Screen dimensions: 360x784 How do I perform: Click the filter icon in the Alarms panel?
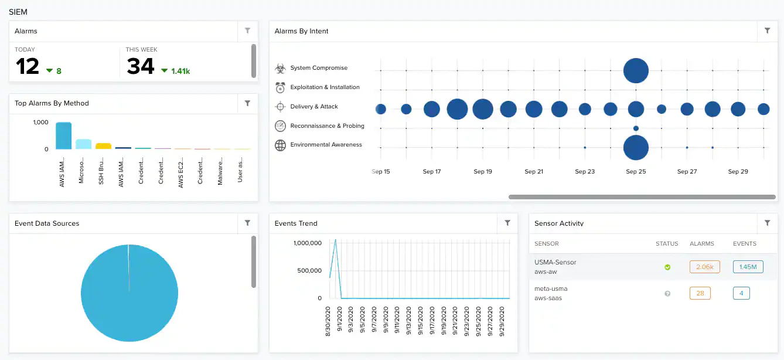pos(247,31)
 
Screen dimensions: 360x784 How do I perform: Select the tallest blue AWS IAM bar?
pos(63,136)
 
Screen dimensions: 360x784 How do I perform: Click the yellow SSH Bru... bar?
pos(103,146)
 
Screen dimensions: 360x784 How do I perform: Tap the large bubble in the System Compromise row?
pos(636,70)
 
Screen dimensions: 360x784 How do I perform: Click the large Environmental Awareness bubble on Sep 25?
pos(636,148)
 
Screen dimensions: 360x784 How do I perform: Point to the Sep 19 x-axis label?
pos(483,172)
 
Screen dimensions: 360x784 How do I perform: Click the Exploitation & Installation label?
pos(325,87)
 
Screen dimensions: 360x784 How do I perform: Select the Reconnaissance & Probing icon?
pos(280,126)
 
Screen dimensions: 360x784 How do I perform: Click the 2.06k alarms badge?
pos(704,267)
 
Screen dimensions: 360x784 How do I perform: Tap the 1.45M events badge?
pos(748,267)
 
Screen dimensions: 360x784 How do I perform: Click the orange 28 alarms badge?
pos(700,293)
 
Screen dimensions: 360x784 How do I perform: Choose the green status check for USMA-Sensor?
pos(667,267)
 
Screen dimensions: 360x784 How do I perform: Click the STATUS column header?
pos(667,243)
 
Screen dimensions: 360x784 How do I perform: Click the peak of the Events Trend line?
pos(335,239)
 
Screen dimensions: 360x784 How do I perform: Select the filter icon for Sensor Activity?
pos(767,223)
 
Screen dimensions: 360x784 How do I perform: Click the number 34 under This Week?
pos(141,67)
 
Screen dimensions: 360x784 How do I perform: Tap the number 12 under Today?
pos(28,67)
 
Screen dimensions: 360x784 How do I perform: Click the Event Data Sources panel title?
pos(47,223)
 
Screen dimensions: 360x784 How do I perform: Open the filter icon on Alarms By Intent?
pos(767,31)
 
